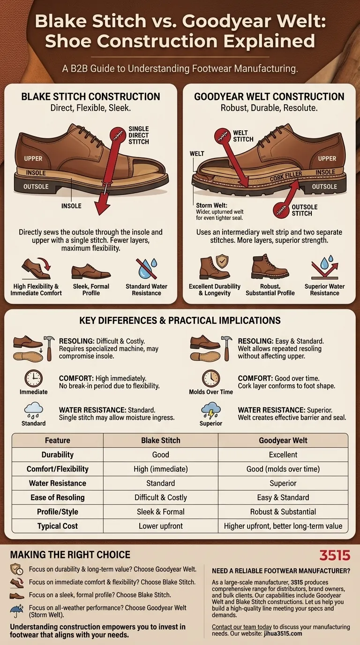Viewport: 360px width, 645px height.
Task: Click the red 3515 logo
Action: point(335,555)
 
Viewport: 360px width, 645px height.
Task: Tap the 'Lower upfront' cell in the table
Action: point(161,526)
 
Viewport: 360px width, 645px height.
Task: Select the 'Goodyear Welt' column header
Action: point(283,440)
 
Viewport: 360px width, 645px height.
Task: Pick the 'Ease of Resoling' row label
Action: point(57,497)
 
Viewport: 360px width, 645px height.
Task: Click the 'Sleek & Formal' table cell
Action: point(161,511)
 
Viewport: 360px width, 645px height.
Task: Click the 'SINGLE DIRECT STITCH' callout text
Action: point(138,135)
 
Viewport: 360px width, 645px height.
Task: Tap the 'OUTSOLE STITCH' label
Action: point(305,210)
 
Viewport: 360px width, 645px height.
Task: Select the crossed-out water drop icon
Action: point(146,269)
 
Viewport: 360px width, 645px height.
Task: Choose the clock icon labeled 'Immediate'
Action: point(33,378)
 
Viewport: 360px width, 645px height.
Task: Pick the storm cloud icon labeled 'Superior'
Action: point(211,411)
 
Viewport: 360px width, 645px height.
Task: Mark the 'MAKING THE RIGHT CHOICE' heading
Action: point(70,555)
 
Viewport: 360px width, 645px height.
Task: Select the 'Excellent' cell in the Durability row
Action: point(283,455)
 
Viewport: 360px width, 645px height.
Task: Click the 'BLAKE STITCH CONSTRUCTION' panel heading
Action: point(90,97)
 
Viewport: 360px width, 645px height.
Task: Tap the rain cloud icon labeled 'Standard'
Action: point(33,411)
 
